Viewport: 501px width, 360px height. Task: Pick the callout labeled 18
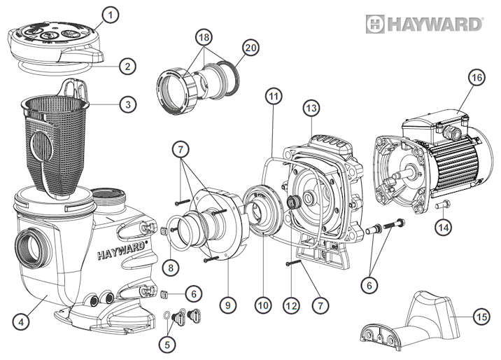point(204,36)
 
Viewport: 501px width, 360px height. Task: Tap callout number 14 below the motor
point(442,227)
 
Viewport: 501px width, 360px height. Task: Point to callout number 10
point(262,305)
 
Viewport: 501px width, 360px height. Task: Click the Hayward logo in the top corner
point(425,25)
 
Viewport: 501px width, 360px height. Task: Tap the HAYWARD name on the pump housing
point(127,247)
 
